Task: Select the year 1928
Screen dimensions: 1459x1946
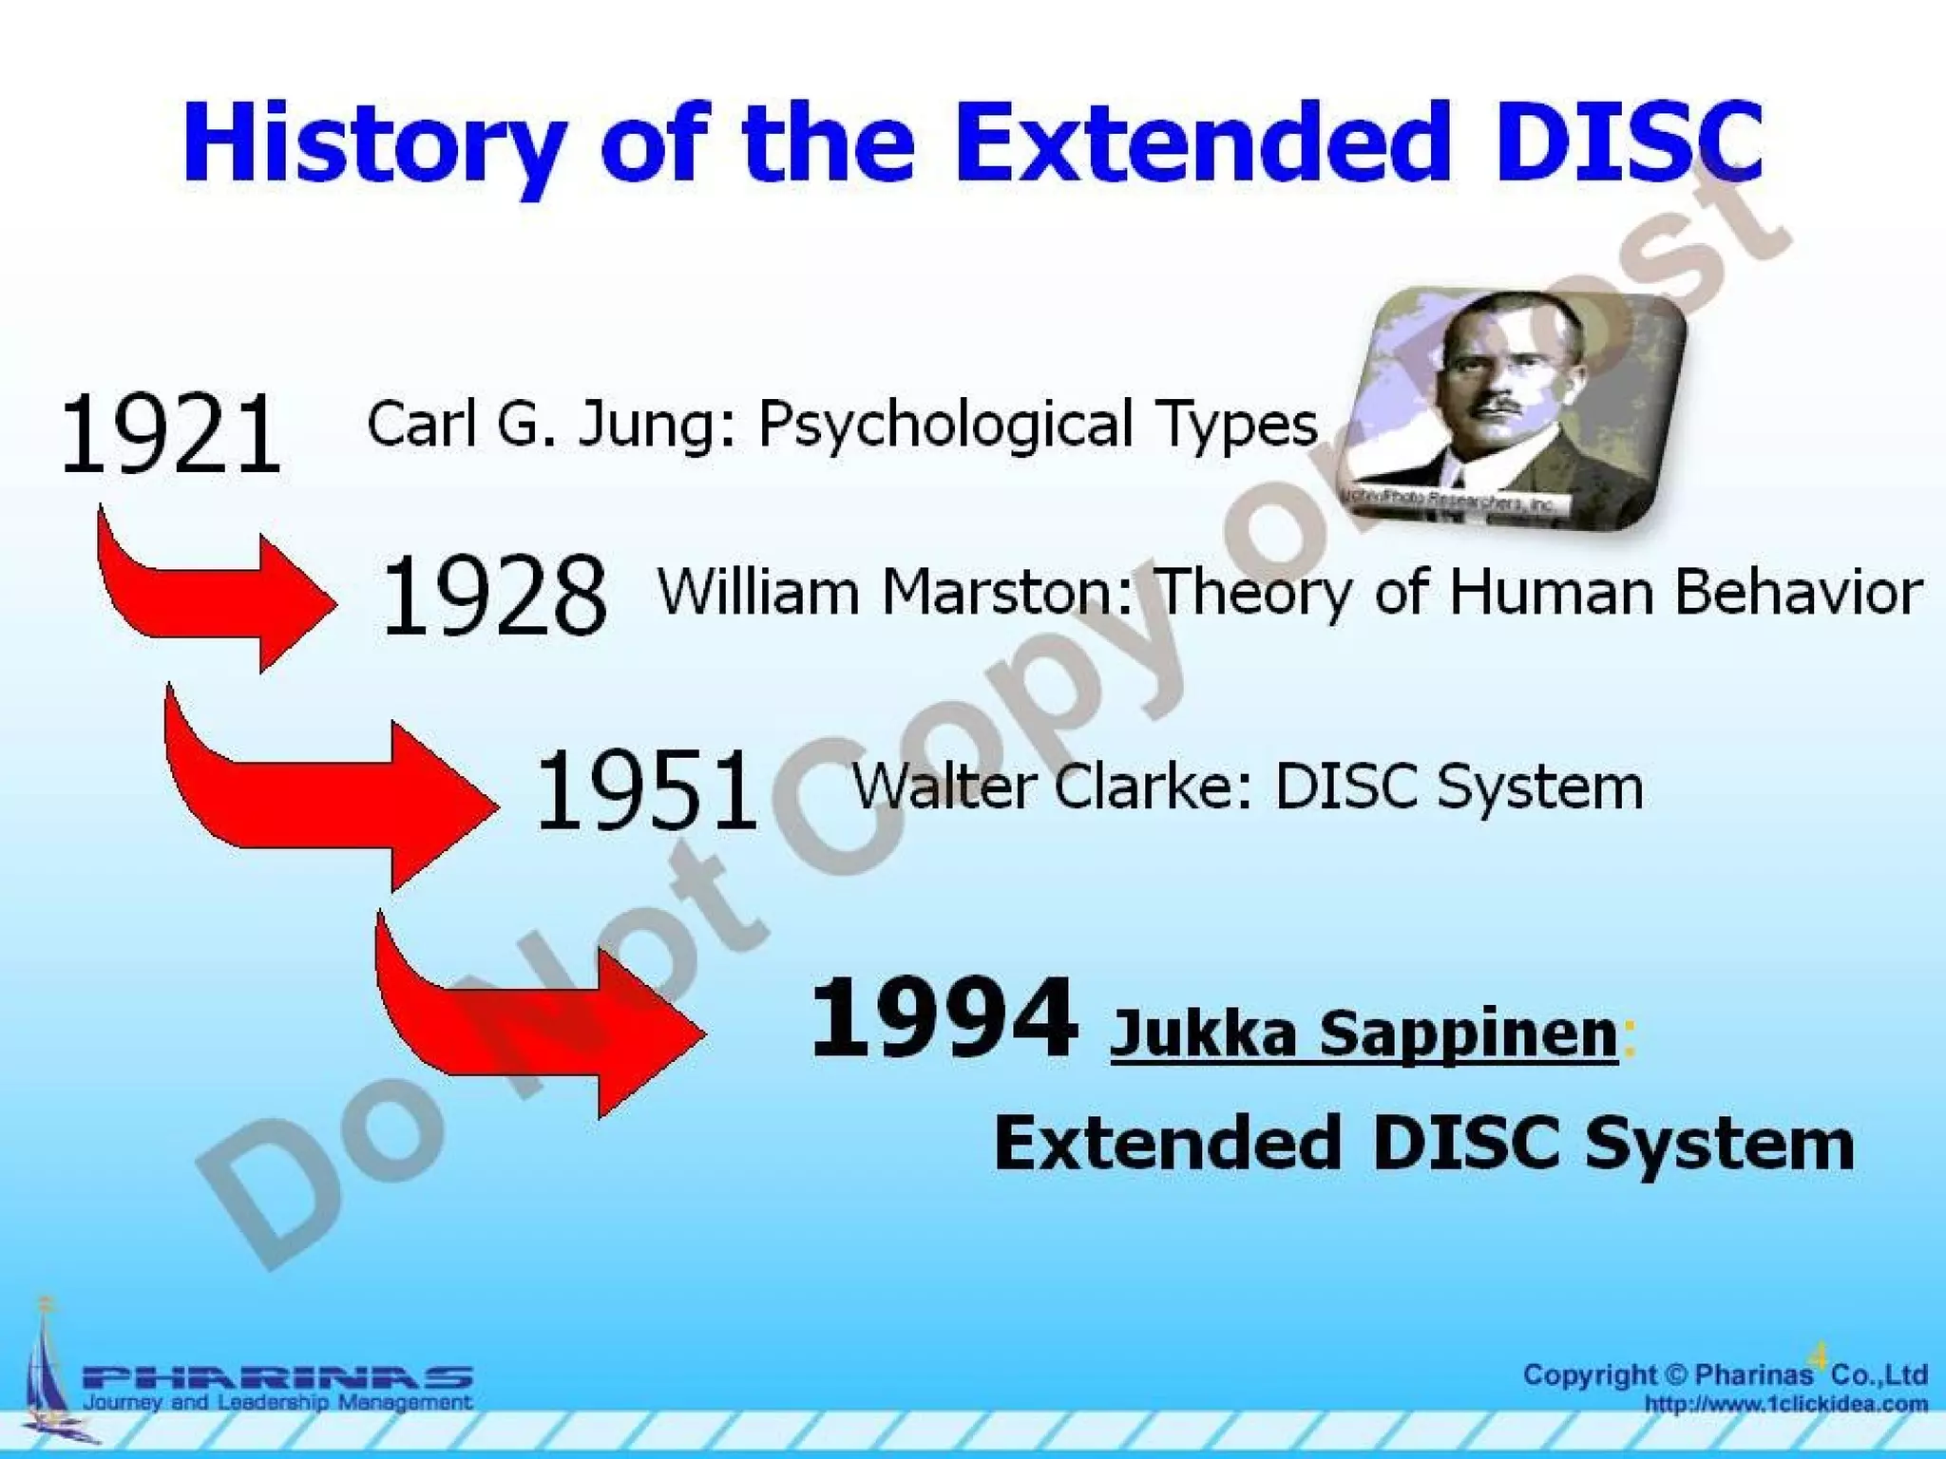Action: (493, 596)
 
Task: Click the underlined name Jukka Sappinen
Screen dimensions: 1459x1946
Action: (1364, 1033)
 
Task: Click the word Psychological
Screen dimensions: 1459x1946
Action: (944, 425)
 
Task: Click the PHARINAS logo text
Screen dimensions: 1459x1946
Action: (277, 1377)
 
